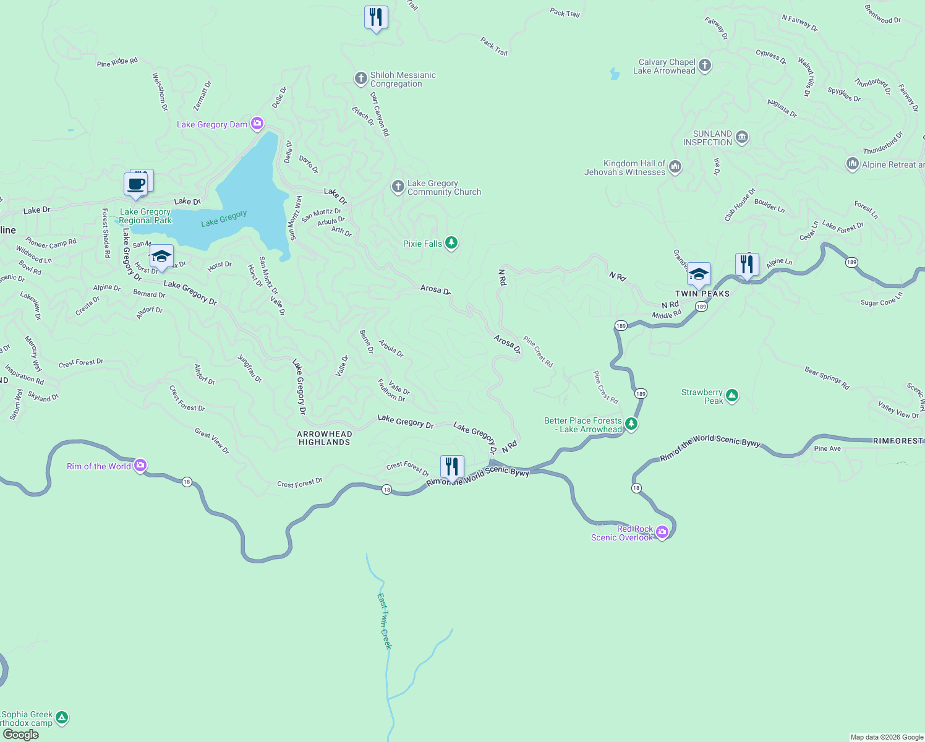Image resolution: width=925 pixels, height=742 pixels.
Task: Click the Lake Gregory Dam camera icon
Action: pyautogui.click(x=257, y=124)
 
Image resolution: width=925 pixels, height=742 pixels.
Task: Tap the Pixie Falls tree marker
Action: pyautogui.click(x=451, y=243)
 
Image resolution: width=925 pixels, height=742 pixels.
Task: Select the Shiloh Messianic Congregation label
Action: pyautogui.click(x=403, y=79)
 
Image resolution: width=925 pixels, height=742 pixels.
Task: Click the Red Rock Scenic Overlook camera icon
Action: pyautogui.click(x=662, y=532)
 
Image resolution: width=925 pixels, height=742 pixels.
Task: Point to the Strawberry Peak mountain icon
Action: pyautogui.click(x=732, y=395)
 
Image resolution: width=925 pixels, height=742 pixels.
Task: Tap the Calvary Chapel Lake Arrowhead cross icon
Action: pyautogui.click(x=704, y=66)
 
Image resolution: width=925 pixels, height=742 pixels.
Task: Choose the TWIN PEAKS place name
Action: pyautogui.click(x=702, y=294)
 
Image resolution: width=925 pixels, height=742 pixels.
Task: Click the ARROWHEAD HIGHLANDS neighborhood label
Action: pyautogui.click(x=325, y=438)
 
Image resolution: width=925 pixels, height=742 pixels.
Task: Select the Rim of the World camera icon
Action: pyautogui.click(x=140, y=466)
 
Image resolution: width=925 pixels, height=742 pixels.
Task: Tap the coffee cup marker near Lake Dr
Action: pyautogui.click(x=135, y=184)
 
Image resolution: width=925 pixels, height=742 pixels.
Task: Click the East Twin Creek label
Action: pyautogui.click(x=385, y=621)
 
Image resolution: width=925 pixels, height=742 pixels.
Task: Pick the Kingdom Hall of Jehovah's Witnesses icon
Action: pyautogui.click(x=675, y=166)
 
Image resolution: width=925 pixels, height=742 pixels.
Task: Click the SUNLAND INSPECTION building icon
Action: pyautogui.click(x=742, y=137)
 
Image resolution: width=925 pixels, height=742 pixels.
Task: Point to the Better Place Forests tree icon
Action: pyautogui.click(x=631, y=424)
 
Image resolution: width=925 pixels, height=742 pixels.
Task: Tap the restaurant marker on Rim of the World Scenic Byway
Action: pyautogui.click(x=452, y=467)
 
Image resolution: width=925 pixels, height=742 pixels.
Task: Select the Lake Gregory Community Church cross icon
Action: pyautogui.click(x=398, y=187)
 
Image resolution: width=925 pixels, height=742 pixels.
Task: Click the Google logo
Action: pyautogui.click(x=21, y=735)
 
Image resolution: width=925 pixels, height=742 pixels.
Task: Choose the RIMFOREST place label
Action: pyautogui.click(x=898, y=441)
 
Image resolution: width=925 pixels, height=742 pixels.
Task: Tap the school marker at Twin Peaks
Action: pyautogui.click(x=699, y=274)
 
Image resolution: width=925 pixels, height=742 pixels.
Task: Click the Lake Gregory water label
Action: pyautogui.click(x=224, y=218)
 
